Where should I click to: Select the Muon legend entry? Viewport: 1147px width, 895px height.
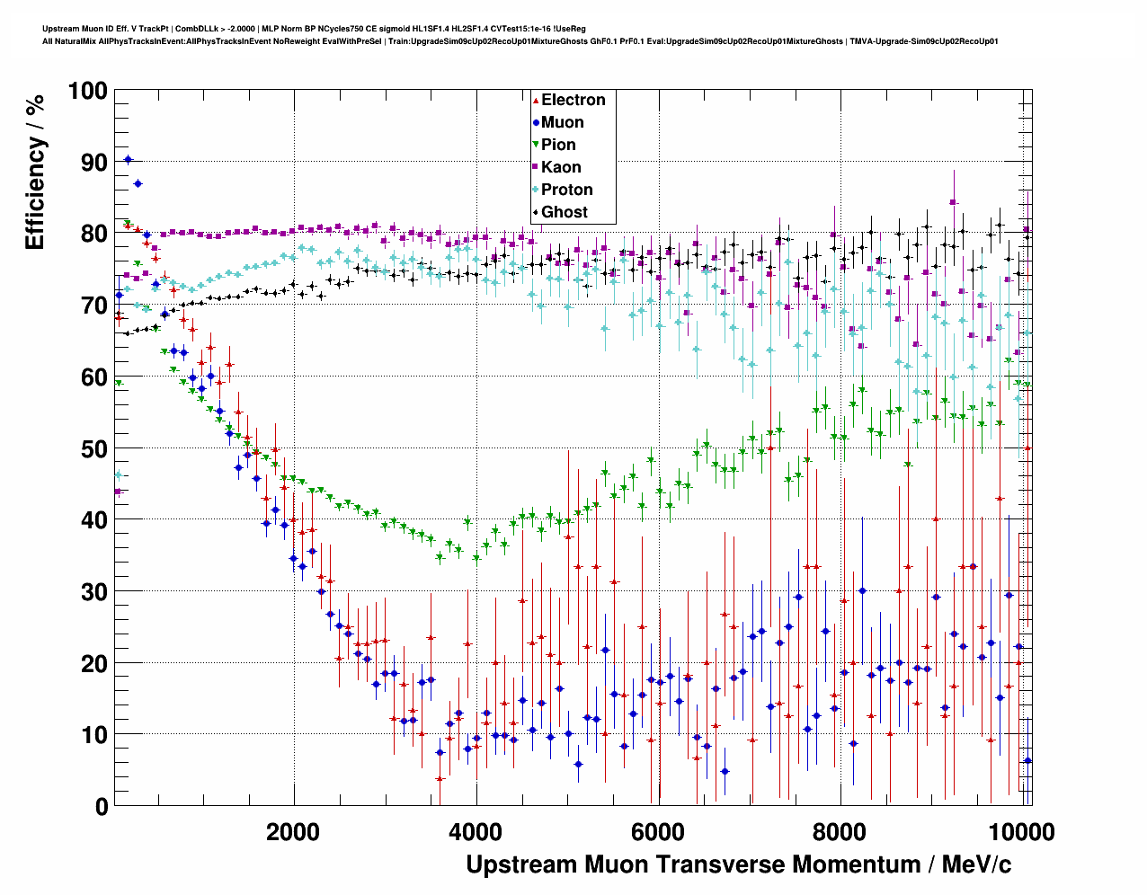[x=562, y=122]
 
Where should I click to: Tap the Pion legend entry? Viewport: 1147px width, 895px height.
[x=558, y=145]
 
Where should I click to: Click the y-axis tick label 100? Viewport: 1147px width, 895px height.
[x=86, y=91]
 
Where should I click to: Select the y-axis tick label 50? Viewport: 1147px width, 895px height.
[x=93, y=448]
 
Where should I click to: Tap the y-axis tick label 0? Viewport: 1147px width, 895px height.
[x=101, y=806]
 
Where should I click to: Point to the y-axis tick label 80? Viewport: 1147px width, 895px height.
[x=93, y=234]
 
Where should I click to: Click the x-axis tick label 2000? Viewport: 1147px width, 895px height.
[x=293, y=831]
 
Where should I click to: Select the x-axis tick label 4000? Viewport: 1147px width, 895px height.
[x=476, y=831]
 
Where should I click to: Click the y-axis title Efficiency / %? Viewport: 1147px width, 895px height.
[x=35, y=172]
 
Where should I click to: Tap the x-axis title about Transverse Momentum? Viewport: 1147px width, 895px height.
[x=738, y=864]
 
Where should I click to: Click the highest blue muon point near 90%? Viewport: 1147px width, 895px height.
[x=128, y=159]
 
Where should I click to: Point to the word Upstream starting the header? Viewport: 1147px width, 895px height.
[x=58, y=29]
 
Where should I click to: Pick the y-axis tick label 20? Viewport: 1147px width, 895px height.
[x=93, y=663]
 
